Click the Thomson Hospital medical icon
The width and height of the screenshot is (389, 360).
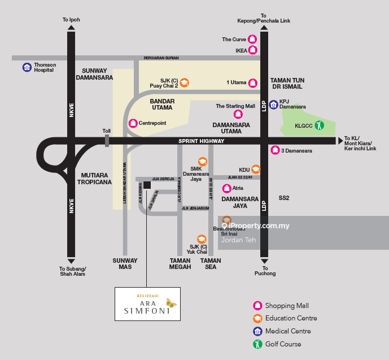[27, 67]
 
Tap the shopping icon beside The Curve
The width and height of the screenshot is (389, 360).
[253, 40]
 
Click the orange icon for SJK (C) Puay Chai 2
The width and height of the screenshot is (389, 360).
[184, 83]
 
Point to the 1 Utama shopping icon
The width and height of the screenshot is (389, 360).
[253, 83]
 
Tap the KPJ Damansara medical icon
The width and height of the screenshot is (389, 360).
[274, 104]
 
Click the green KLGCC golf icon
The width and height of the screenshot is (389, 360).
[319, 125]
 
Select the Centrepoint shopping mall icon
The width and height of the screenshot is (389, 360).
[133, 123]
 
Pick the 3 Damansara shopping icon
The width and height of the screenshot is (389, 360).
[274, 150]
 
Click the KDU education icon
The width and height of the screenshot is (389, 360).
[256, 169]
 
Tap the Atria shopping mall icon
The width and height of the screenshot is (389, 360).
[226, 188]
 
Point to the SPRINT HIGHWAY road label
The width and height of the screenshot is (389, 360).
[202, 141]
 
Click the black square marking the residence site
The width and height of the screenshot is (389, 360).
[147, 185]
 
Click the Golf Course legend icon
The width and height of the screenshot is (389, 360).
[257, 344]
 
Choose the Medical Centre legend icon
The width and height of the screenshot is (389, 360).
[257, 331]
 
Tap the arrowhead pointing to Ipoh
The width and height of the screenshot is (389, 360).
[71, 27]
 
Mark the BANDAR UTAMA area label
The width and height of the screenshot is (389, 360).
[163, 104]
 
